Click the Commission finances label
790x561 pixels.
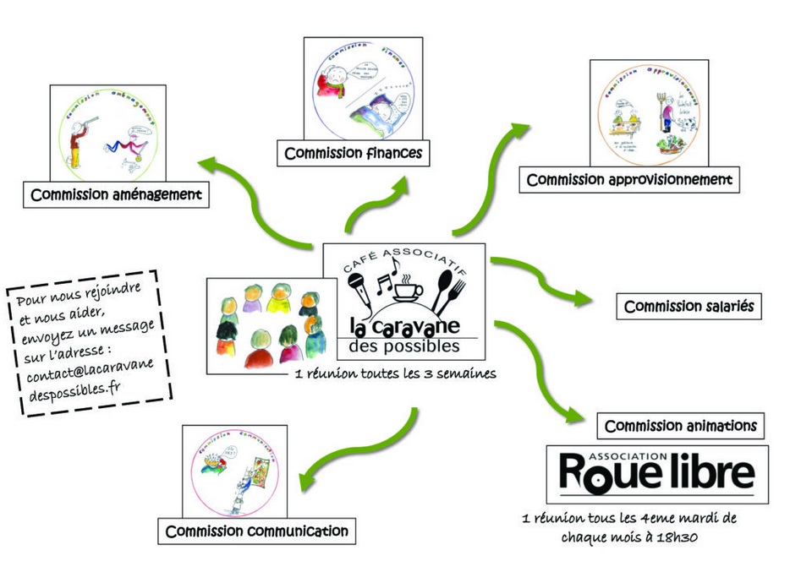(354, 153)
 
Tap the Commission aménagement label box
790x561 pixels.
(117, 195)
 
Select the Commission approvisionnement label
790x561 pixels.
(629, 179)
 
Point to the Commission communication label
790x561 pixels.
(257, 531)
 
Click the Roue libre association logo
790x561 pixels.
(657, 474)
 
